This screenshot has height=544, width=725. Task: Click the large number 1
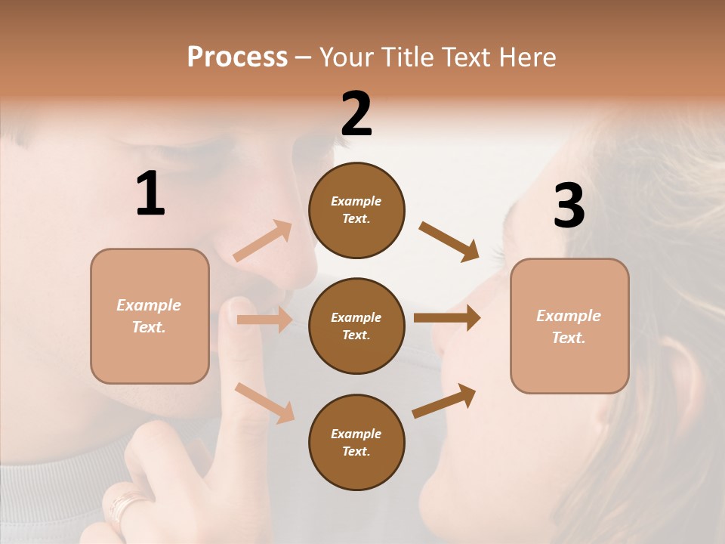tap(150, 194)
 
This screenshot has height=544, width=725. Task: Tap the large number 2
tap(356, 114)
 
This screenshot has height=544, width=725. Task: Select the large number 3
tap(569, 206)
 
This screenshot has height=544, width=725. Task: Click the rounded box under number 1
tap(150, 315)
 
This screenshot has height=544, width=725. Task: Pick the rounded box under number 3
tap(569, 326)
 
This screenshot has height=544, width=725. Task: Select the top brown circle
tap(356, 210)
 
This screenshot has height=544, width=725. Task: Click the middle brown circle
tap(356, 326)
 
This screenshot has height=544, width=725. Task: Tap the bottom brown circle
tap(356, 442)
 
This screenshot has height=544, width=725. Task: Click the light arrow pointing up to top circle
tap(263, 240)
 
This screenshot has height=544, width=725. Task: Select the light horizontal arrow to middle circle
tap(264, 320)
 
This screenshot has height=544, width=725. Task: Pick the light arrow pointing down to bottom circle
tap(264, 402)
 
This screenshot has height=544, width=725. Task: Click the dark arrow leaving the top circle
tap(449, 241)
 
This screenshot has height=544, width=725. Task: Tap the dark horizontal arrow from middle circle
tap(446, 318)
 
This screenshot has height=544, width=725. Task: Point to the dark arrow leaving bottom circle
tap(444, 400)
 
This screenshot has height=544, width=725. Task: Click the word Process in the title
tap(237, 57)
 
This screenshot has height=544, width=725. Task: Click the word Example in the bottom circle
tap(356, 434)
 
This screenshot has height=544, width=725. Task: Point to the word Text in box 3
tap(568, 338)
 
